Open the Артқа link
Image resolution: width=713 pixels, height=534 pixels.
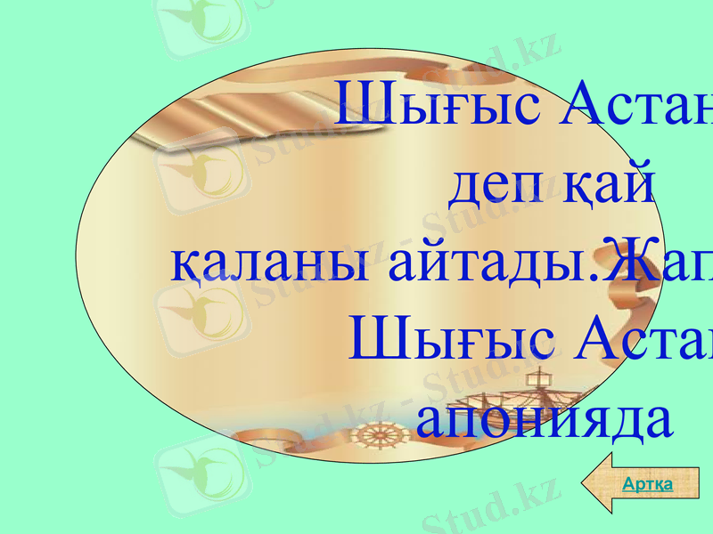[646, 484]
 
